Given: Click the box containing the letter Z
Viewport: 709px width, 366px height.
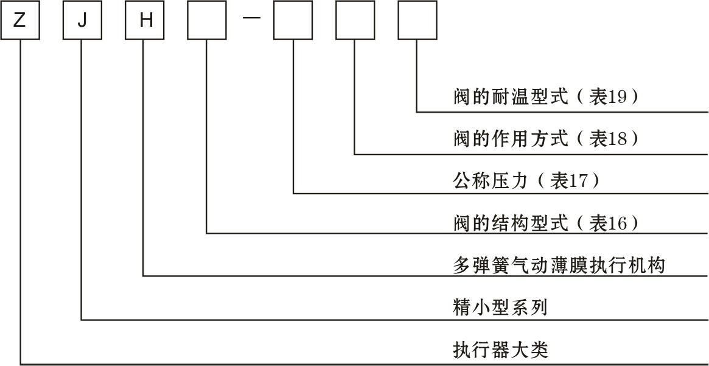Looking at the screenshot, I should click(20, 21).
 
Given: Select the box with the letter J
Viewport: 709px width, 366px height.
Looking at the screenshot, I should click(82, 21).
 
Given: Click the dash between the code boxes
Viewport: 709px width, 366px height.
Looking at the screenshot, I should click(251, 18).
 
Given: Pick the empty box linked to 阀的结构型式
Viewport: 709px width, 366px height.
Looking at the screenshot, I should click(207, 21).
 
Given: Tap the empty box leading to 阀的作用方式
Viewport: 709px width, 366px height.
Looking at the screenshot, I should click(354, 21).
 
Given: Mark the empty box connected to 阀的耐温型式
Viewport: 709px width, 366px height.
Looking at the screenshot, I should click(417, 21).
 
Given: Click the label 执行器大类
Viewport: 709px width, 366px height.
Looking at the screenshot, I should click(500, 350).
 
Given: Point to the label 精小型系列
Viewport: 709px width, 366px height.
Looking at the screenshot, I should click(500, 308).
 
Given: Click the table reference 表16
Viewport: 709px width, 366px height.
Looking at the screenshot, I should click(608, 223).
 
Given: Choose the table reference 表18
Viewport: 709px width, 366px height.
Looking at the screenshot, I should click(608, 139).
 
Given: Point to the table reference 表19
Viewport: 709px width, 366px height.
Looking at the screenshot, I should click(608, 97).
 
